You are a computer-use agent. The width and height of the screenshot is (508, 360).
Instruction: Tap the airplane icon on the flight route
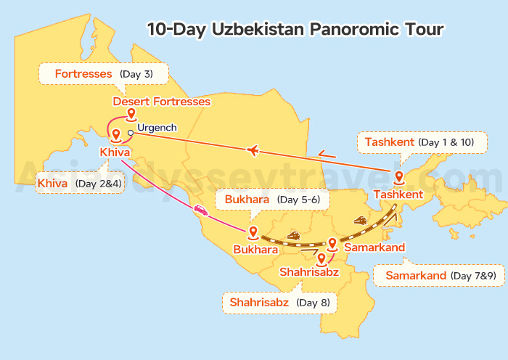pos(253,150)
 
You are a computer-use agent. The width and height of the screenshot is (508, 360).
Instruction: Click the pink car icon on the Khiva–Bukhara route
pos(200,211)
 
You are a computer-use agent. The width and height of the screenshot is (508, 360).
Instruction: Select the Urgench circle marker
pos(130,133)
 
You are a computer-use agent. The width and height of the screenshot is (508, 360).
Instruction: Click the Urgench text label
pos(157,128)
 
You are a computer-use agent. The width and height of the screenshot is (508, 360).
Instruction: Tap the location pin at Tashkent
pos(398,177)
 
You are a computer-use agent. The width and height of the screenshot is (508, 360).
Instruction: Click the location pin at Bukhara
pos(253,232)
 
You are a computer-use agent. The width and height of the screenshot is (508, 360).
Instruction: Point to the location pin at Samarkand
pos(332,244)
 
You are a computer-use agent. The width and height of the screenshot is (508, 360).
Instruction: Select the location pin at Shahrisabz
pos(320,258)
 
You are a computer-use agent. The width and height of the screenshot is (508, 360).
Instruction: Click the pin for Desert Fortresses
pos(131,115)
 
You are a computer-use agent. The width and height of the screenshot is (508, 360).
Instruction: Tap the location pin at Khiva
pos(115,133)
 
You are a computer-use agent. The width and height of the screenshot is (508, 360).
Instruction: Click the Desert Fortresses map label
pos(161,102)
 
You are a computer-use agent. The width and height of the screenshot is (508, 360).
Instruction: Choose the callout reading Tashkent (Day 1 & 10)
pos(419,142)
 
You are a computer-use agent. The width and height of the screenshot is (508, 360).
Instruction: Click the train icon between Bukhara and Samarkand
pos(294,235)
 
